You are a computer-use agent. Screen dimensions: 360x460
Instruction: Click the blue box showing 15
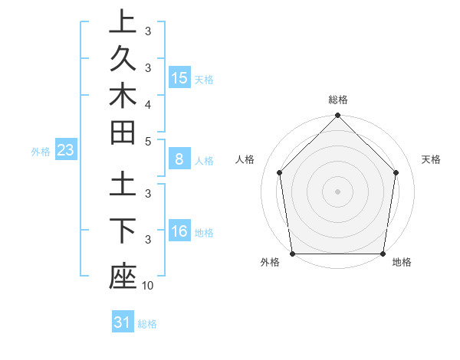click(179, 78)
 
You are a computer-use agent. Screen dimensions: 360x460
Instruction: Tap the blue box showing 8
click(179, 160)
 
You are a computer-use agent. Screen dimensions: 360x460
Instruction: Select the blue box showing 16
click(179, 232)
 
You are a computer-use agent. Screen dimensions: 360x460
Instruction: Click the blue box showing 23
click(65, 151)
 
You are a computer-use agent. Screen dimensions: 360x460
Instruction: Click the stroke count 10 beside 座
click(148, 286)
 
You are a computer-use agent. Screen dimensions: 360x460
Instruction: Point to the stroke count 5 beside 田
click(148, 141)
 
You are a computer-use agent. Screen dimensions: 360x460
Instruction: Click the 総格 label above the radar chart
click(337, 100)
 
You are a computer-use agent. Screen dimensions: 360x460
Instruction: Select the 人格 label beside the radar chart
click(245, 159)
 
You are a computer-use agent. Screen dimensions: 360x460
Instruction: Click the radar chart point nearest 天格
click(396, 172)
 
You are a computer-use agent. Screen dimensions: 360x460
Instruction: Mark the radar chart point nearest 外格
click(292, 254)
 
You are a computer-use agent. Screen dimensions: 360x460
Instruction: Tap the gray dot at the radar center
click(337, 191)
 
